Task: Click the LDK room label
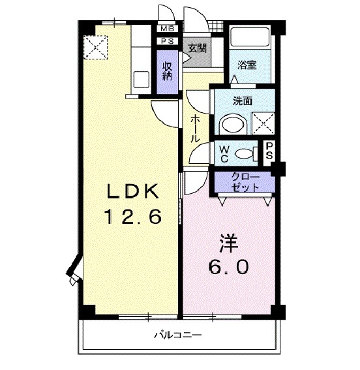pyautogui.click(x=134, y=193)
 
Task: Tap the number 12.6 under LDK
pyautogui.click(x=134, y=217)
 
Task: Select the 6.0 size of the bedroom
pyautogui.click(x=227, y=268)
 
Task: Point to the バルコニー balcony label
pyautogui.click(x=178, y=335)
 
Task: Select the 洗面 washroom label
pyautogui.click(x=243, y=101)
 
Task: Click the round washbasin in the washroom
pyautogui.click(x=230, y=124)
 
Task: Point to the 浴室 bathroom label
pyautogui.click(x=247, y=65)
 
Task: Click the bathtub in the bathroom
pyautogui.click(x=249, y=38)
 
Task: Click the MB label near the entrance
pyautogui.click(x=168, y=29)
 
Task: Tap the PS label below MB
pyautogui.click(x=168, y=41)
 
